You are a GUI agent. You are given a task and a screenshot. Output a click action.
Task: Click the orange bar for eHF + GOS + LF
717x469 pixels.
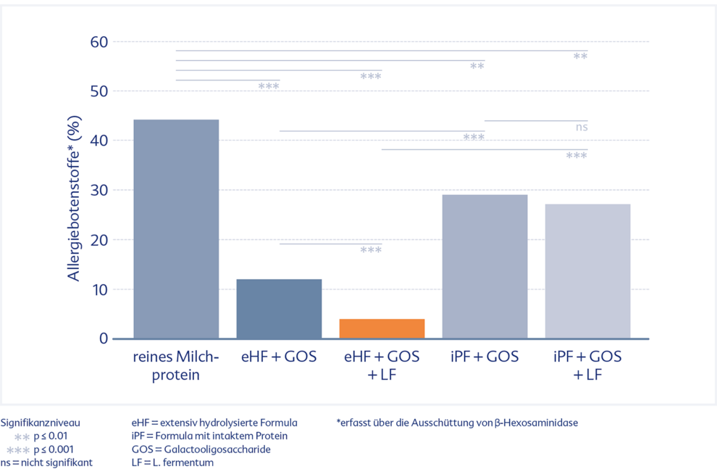coord(382,328)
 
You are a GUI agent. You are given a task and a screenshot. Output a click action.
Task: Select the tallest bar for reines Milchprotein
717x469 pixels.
coord(176,228)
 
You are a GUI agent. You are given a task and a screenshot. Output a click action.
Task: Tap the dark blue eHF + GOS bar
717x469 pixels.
coord(279,308)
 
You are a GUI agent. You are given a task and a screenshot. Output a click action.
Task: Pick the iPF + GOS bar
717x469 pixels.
coord(485,266)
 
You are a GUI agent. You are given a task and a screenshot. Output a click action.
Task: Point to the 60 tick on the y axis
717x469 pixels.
coord(99,42)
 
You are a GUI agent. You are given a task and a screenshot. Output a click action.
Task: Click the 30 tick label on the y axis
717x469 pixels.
coord(99,191)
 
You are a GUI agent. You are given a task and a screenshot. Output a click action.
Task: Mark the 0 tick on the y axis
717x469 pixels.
coord(104,339)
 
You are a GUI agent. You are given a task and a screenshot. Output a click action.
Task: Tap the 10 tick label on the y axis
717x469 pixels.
coord(99,289)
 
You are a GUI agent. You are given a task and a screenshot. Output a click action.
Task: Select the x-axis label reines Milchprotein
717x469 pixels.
coord(176,365)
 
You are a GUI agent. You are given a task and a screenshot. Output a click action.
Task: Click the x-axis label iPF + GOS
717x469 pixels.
coord(485,357)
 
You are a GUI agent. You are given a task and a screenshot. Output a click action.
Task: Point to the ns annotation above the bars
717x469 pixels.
coord(582,128)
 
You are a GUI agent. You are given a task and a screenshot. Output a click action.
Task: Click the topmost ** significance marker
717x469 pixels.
coord(580,57)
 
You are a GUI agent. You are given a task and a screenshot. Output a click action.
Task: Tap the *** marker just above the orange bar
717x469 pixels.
coord(371,251)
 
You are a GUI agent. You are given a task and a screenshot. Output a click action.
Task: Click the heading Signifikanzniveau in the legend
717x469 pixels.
coord(41,423)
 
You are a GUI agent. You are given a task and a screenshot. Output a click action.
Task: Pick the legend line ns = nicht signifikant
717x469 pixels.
coord(46,462)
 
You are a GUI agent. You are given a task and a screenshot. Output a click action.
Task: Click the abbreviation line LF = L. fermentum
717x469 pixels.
coord(172,462)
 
